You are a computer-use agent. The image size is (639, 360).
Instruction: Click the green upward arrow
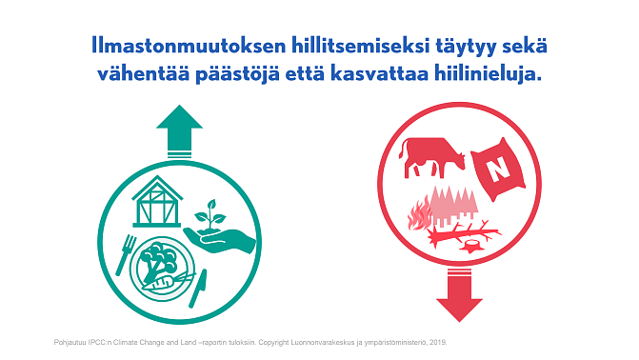179,129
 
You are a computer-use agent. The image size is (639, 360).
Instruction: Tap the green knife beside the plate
197,288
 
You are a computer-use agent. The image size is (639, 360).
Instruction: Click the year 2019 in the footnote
436,341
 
